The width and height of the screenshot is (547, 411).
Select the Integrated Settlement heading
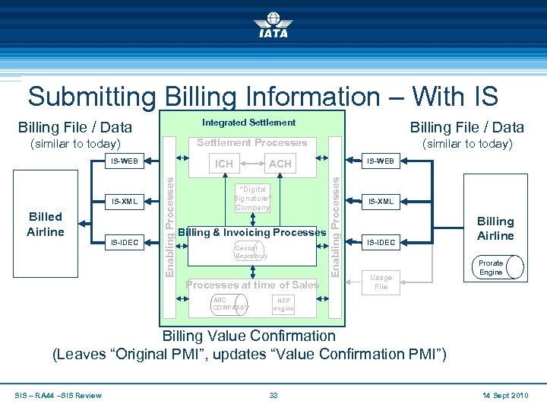tap(248, 123)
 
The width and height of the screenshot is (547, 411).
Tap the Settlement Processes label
tap(251, 142)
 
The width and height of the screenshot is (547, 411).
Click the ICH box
tap(224, 164)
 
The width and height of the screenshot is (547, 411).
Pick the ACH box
tap(280, 164)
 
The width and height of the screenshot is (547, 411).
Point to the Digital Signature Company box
tap(252, 198)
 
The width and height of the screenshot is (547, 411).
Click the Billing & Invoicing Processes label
tap(251, 231)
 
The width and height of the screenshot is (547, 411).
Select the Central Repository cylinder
tap(251, 252)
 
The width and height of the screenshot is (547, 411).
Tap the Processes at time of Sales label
tap(252, 285)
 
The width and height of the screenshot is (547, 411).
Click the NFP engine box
tap(284, 304)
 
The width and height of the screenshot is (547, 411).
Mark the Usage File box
tap(381, 282)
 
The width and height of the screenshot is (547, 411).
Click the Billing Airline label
tap(495, 228)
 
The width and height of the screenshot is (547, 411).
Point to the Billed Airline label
tap(45, 225)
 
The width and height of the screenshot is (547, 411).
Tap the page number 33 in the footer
tap(273, 395)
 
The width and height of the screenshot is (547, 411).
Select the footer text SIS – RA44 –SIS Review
tap(58, 395)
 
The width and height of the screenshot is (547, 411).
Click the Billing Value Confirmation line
tap(249, 336)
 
